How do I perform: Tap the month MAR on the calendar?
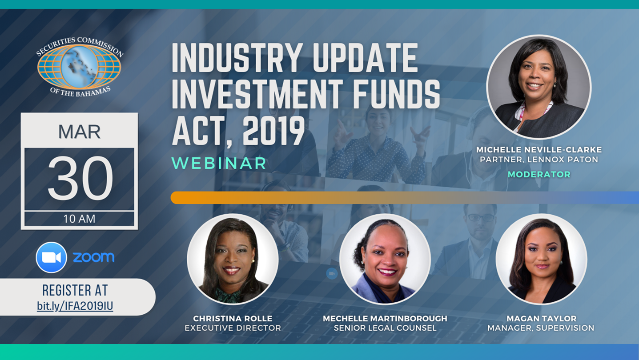[79, 132]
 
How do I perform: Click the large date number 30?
[80, 178]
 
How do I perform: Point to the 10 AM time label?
[79, 219]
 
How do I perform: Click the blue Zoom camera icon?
[51, 257]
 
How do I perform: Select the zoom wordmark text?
[93, 257]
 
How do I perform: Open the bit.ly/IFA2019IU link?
[75, 306]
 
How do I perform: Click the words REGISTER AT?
[75, 291]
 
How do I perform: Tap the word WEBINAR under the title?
[219, 163]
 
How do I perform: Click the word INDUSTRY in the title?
[237, 58]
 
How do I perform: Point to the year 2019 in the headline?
[273, 132]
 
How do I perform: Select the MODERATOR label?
[539, 174]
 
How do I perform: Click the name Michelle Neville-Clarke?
[539, 150]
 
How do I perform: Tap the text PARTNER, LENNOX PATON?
[539, 160]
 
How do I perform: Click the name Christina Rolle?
[233, 318]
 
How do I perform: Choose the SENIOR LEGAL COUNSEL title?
[385, 328]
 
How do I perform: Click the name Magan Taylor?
[542, 318]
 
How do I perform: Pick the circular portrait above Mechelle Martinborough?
[385, 259]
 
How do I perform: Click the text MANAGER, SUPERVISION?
[541, 328]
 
